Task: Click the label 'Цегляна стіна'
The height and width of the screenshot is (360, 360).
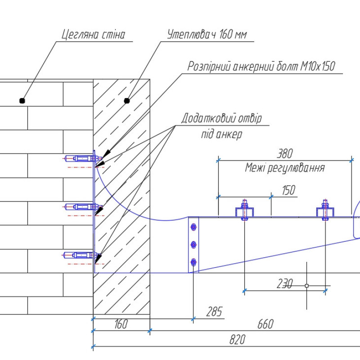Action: (x=93, y=34)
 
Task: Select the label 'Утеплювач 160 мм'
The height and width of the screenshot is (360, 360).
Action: (x=207, y=35)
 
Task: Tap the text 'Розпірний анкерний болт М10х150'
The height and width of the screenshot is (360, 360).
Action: (x=261, y=67)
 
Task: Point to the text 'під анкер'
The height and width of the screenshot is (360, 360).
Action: (x=221, y=134)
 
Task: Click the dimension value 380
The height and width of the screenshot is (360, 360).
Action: (x=284, y=154)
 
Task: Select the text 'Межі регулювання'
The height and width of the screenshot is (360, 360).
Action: (x=284, y=168)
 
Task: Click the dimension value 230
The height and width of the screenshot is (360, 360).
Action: (x=284, y=284)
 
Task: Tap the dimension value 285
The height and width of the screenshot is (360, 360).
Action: (x=215, y=312)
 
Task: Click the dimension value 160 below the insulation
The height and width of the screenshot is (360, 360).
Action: (x=121, y=324)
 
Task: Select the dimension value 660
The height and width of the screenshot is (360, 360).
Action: (x=265, y=324)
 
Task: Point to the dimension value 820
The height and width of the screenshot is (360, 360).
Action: (x=237, y=340)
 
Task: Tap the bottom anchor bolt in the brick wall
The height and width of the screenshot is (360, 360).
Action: (x=81, y=255)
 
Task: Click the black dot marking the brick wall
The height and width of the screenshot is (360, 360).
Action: (x=22, y=101)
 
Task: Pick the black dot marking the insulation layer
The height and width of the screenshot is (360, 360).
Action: (x=127, y=100)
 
